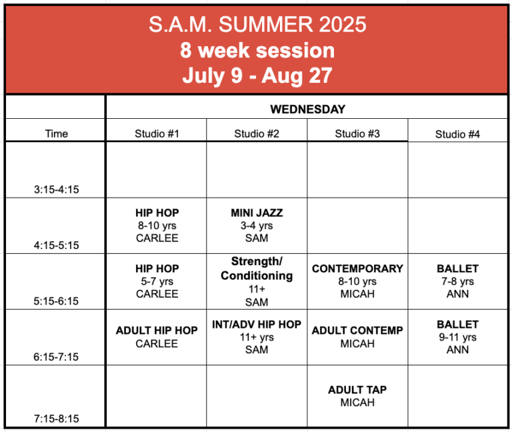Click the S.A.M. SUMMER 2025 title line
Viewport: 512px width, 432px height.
(x=257, y=25)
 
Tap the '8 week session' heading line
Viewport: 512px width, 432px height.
(x=257, y=50)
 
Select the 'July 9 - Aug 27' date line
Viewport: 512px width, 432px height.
(x=257, y=76)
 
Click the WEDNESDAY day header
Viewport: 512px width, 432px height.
(x=307, y=110)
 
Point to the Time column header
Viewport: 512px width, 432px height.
(x=57, y=134)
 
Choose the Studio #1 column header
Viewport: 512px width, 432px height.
(x=157, y=134)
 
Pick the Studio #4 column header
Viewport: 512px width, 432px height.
(x=457, y=134)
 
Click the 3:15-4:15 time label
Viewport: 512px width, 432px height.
(x=57, y=190)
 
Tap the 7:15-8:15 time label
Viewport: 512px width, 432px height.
(x=57, y=419)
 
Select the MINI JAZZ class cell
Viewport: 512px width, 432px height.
(x=257, y=225)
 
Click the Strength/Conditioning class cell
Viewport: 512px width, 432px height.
(x=257, y=281)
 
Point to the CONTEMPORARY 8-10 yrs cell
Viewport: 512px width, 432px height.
(x=357, y=281)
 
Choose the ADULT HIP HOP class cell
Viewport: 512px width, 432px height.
(x=157, y=337)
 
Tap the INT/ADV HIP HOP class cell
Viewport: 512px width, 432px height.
(x=257, y=337)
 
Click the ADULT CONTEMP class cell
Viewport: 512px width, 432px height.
(x=357, y=337)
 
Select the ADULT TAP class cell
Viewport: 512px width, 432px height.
(x=357, y=396)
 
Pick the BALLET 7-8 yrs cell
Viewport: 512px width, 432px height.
(x=457, y=281)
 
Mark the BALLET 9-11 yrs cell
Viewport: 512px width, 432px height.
(x=457, y=337)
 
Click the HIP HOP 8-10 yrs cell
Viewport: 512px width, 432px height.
(x=157, y=225)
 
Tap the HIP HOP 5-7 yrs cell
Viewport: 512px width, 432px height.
(x=157, y=281)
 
